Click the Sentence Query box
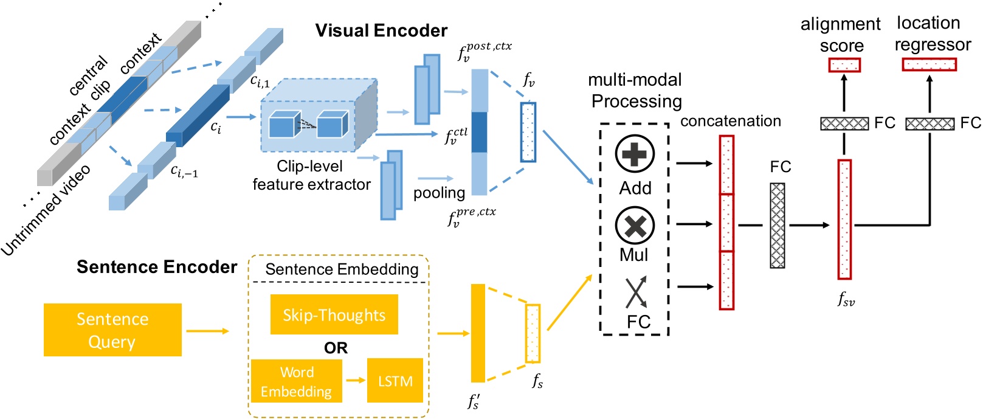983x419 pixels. (112, 330)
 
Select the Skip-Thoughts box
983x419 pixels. (334, 314)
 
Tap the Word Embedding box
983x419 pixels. (297, 381)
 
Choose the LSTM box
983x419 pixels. (395, 381)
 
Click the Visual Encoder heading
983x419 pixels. (381, 30)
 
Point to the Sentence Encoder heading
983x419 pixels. (156, 267)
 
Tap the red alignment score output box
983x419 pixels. (844, 65)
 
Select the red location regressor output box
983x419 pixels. (929, 64)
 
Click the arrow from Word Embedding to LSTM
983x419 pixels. (355, 381)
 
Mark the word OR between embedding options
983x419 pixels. (336, 348)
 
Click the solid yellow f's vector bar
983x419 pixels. (478, 333)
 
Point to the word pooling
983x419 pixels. (439, 193)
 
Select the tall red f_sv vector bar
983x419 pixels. (844, 219)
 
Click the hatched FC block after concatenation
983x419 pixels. (778, 226)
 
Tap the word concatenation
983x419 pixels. (730, 121)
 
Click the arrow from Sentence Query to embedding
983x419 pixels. (207, 331)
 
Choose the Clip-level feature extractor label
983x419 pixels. (311, 175)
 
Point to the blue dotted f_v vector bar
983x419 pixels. (528, 132)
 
